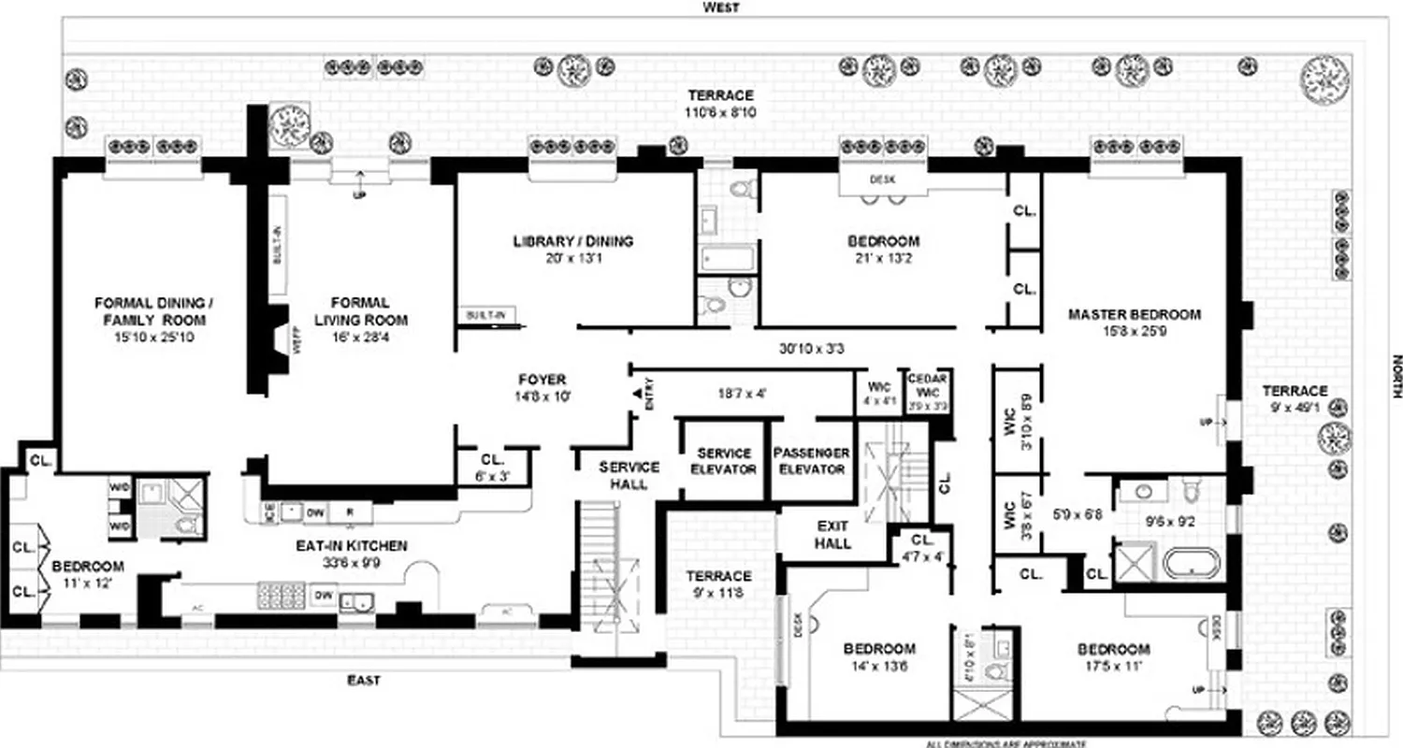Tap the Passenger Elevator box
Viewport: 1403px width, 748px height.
(811, 460)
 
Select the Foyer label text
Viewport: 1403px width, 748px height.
(542, 380)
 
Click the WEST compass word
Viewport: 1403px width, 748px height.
(721, 7)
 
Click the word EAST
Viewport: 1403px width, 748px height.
(363, 681)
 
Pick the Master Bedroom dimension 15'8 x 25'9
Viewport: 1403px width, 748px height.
(1134, 332)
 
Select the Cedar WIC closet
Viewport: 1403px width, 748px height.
(927, 392)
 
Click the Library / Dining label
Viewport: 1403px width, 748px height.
(572, 241)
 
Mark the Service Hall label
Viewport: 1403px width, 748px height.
(629, 474)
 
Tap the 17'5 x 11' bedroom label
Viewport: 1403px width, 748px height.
(1112, 657)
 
